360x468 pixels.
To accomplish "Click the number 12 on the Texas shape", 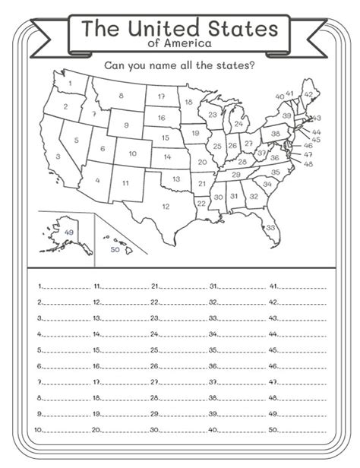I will (x=166, y=206).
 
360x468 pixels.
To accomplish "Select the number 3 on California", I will (x=58, y=157).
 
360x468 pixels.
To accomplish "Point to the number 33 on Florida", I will (x=270, y=226).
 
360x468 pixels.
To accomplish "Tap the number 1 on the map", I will (x=69, y=83).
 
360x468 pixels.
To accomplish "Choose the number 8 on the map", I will (x=121, y=96).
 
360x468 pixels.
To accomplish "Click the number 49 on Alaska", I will (x=70, y=231).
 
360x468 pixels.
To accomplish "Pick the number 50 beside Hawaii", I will (x=115, y=249).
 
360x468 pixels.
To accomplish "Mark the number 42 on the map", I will (x=308, y=94).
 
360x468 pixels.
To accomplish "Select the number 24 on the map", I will (x=237, y=124).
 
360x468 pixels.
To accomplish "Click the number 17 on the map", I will (x=161, y=98).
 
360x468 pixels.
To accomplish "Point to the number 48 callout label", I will (x=308, y=164).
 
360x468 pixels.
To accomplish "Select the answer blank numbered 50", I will (x=302, y=431).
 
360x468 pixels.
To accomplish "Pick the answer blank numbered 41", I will (x=302, y=289).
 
